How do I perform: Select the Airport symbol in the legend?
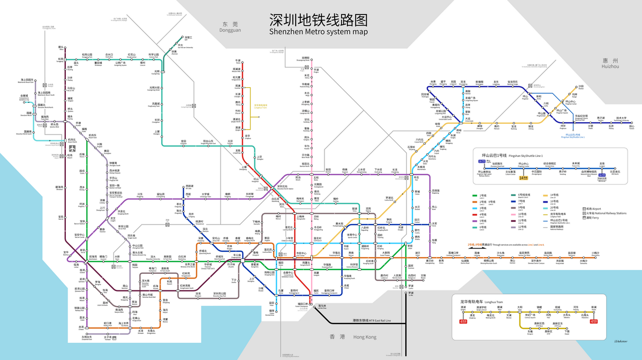pos(584,209)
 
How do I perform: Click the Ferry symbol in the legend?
pos(584,218)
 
